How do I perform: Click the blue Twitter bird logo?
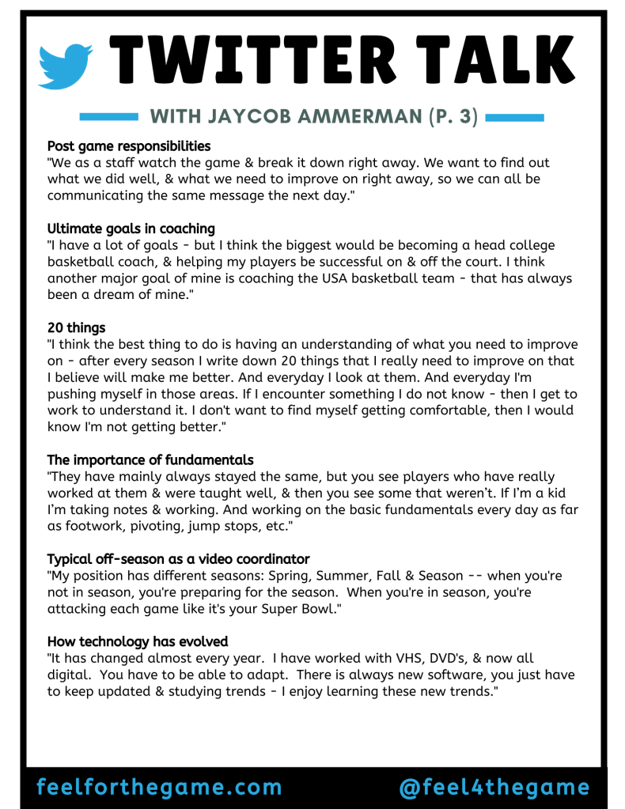(x=66, y=66)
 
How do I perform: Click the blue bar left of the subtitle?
(x=109, y=117)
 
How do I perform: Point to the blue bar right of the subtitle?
(x=514, y=117)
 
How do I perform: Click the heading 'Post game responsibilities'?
(x=129, y=146)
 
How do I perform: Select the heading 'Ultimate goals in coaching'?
(x=131, y=229)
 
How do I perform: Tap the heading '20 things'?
(x=76, y=327)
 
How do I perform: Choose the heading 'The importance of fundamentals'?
(x=150, y=459)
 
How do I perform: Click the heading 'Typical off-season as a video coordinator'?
(x=178, y=558)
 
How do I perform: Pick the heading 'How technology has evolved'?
(x=138, y=641)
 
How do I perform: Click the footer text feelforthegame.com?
(x=159, y=787)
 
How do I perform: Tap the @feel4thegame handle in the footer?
(x=494, y=787)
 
